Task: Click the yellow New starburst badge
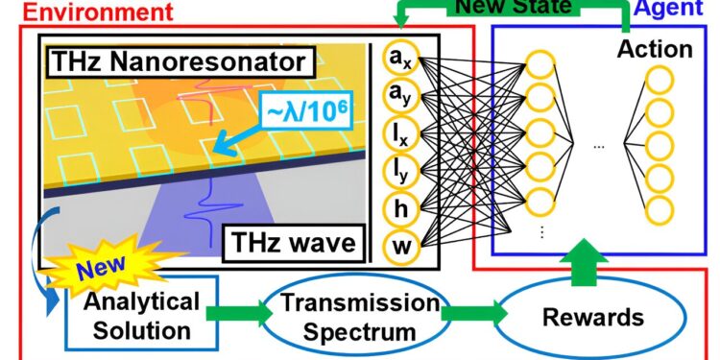97,273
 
